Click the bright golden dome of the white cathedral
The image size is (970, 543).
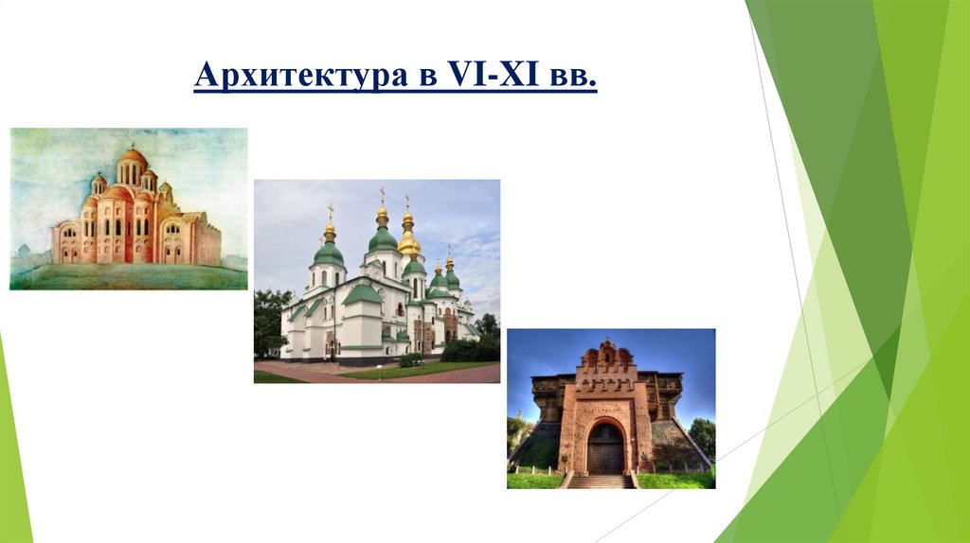pyautogui.click(x=409, y=244)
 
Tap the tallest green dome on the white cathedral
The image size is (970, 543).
pyautogui.click(x=383, y=238)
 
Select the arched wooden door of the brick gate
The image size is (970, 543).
pyautogui.click(x=605, y=447)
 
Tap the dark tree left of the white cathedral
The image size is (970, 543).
pyautogui.click(x=269, y=322)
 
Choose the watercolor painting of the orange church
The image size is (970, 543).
pyautogui.click(x=129, y=208)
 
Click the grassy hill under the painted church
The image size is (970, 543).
pyautogui.click(x=129, y=275)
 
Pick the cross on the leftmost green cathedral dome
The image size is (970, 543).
pyautogui.click(x=331, y=212)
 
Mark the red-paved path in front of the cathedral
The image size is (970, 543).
pyautogui.click(x=379, y=375)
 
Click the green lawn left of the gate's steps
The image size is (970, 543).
pyautogui.click(x=535, y=481)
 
